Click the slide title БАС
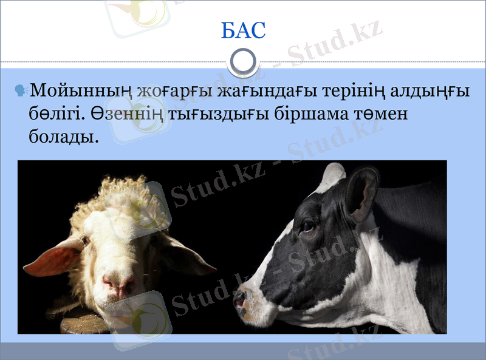pos(244,29)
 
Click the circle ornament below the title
pos(244,61)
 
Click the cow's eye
pos(307,226)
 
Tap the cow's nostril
pos(241,300)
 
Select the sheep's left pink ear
pos(52,258)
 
